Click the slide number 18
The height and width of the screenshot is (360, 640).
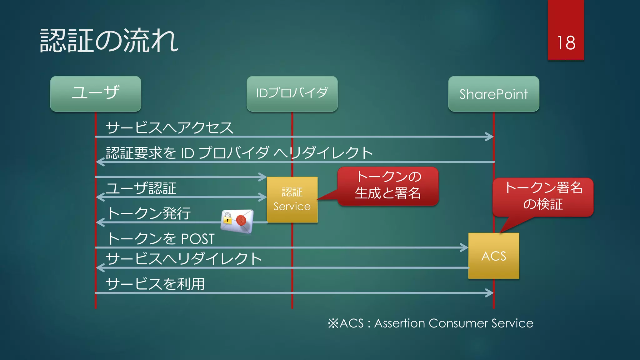566,43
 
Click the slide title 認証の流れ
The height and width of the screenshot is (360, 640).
109,41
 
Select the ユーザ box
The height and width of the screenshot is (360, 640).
96,93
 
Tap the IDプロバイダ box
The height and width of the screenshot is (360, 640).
292,93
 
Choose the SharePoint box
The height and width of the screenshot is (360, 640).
493,94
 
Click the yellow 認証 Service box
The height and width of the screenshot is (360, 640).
292,199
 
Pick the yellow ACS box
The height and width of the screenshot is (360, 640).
493,256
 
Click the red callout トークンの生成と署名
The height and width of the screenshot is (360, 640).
388,185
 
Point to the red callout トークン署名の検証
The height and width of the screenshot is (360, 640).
543,196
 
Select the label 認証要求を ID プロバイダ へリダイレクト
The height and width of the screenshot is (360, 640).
239,153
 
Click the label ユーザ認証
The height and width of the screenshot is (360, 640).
141,188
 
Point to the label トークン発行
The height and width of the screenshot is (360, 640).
149,213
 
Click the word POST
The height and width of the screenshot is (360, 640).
198,239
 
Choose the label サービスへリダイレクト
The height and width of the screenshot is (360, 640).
184,259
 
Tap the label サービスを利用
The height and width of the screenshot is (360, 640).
155,284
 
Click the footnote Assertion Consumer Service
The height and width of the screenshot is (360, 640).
453,323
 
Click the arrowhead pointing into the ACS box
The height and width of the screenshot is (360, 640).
464,247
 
